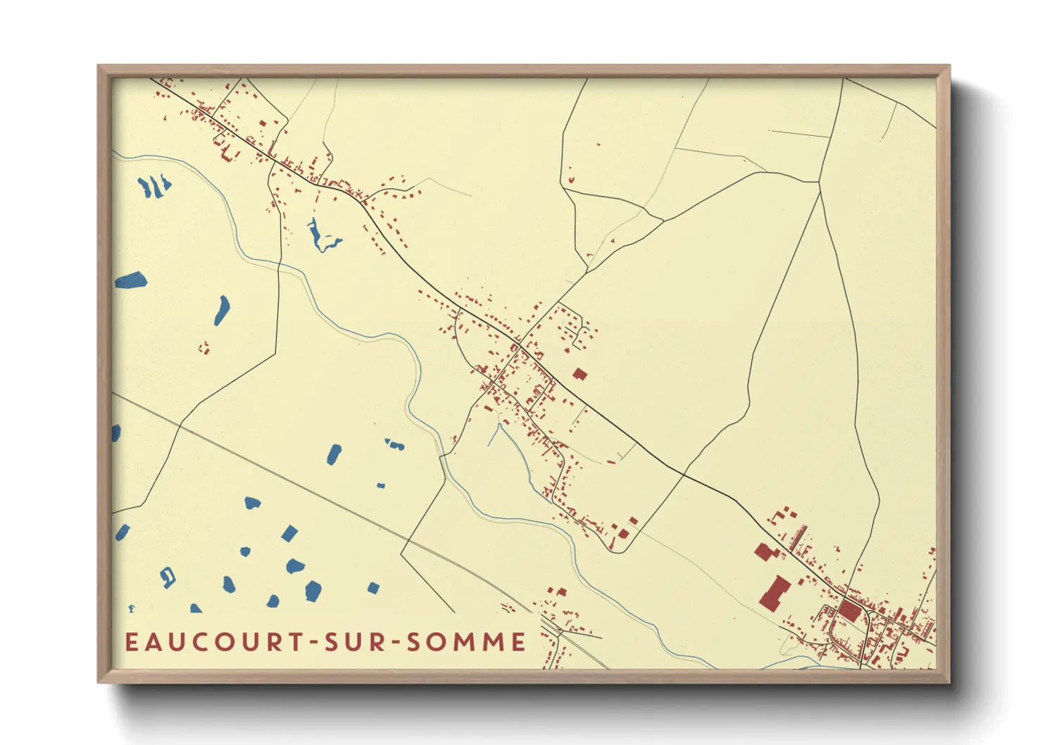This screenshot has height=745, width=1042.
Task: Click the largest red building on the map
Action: click(x=774, y=592)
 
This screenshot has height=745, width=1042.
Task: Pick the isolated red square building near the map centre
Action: click(x=579, y=374)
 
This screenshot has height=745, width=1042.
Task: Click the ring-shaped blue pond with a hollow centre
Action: click(x=168, y=577)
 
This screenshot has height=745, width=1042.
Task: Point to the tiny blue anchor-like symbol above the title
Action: click(x=131, y=608)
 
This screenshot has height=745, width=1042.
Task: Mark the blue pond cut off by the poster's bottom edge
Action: click(x=196, y=608)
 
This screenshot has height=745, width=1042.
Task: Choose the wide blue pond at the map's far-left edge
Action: click(x=130, y=280)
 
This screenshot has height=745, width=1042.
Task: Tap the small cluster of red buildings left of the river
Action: click(x=204, y=347)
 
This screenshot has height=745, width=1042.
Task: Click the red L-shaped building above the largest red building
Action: click(x=763, y=551)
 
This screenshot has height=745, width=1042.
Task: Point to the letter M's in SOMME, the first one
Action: click(x=459, y=642)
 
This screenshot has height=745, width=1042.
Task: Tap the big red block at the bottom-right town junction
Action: click(x=850, y=610)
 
